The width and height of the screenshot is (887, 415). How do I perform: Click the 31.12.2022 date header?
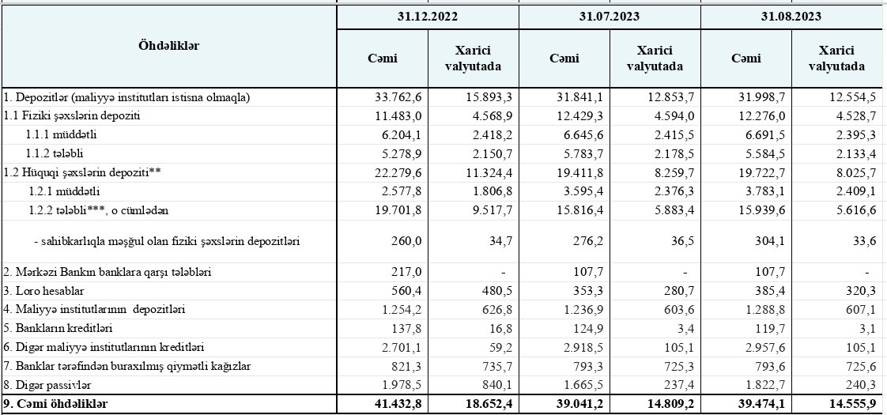427,16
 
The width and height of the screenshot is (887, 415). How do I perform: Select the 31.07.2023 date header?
609,16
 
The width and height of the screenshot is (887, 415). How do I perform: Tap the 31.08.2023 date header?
791,16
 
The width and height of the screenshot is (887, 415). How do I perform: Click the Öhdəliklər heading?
168,45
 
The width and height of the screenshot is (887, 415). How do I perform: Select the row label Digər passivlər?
47,385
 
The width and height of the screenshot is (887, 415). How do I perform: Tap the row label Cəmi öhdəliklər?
56,404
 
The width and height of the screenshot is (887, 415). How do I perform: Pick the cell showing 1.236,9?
586,309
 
